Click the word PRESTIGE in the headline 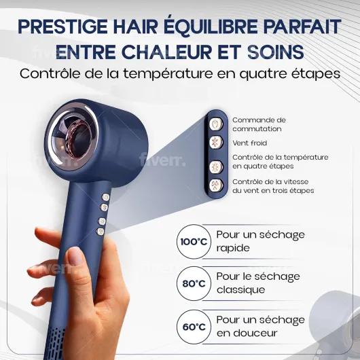[x=62, y=26]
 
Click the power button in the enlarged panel [x=216, y=124]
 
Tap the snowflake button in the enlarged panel [x=216, y=143]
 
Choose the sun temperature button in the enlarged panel [x=216, y=166]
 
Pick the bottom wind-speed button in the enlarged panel [x=216, y=185]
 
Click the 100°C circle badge [x=194, y=242]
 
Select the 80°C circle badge [x=194, y=283]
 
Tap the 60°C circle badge [x=194, y=327]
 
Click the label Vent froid [x=249, y=143]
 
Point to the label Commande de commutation [x=259, y=124]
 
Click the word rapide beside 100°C [x=233, y=249]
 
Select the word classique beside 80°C [x=240, y=290]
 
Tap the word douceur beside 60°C [x=247, y=333]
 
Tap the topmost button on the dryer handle [x=105, y=197]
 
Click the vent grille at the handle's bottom [x=55, y=343]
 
